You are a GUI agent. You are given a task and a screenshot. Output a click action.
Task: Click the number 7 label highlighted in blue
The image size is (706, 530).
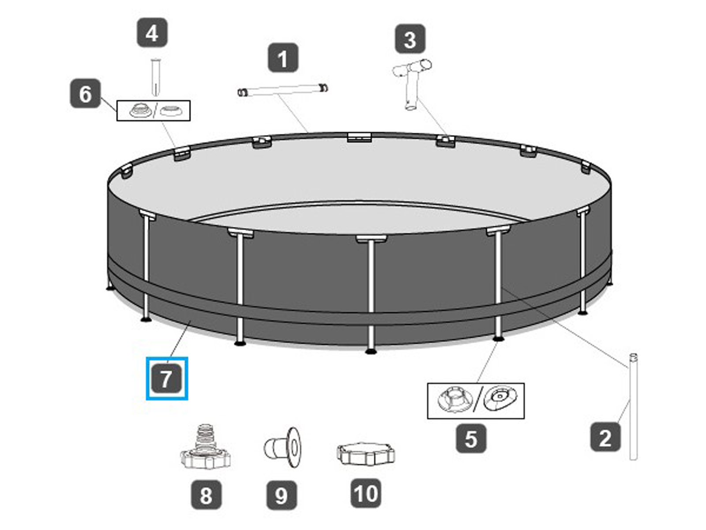(x=166, y=379)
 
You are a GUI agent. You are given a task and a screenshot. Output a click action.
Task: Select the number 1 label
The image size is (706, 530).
(x=283, y=58)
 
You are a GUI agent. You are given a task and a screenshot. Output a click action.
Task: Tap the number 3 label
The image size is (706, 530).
(x=410, y=39)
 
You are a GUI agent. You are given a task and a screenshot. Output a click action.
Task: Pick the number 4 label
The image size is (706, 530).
(x=152, y=33)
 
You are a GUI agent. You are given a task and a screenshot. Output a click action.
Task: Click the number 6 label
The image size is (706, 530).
(x=85, y=94)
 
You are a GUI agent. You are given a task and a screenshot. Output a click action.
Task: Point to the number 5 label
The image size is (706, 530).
(x=471, y=439)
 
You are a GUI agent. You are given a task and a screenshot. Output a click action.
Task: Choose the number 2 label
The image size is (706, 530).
(x=605, y=438)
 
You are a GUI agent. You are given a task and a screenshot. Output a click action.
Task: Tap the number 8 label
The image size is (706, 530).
(x=206, y=495)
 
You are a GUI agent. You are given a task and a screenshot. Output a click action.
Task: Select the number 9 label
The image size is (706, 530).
(x=282, y=495)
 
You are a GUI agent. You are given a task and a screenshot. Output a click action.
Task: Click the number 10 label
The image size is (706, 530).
(x=366, y=493)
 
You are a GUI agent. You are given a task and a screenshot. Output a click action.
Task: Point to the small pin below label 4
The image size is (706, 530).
(x=155, y=77)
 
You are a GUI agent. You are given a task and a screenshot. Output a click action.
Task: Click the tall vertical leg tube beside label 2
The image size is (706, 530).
(x=633, y=406)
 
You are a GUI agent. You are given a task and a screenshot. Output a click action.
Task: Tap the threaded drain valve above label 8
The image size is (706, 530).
(x=205, y=448)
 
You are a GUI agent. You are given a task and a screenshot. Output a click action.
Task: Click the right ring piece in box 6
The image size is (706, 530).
(x=172, y=111)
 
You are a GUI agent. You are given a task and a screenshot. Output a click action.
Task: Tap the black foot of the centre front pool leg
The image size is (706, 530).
(x=371, y=351)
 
